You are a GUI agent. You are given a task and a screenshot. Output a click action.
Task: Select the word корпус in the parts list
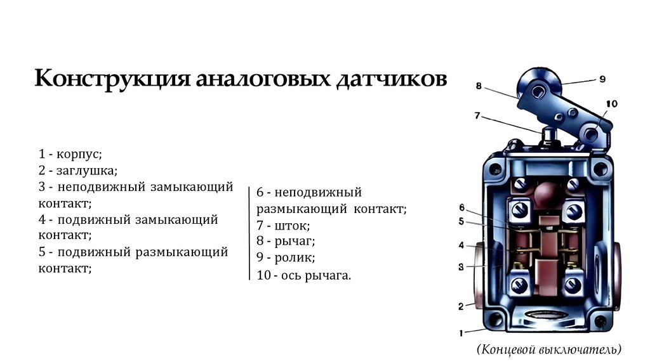coord(79,154)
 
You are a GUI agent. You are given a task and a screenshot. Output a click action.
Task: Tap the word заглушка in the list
coord(85,171)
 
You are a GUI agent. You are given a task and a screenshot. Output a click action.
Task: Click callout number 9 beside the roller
coord(602,79)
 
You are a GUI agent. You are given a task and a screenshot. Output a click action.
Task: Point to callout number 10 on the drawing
coord(611,103)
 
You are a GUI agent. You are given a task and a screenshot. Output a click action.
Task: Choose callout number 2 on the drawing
coord(461,306)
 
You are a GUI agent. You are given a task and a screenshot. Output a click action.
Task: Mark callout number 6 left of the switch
coord(461,207)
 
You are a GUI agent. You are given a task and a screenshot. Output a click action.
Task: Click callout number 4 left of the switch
coord(461,245)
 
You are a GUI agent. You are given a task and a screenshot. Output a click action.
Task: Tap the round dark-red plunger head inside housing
coord(545,193)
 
